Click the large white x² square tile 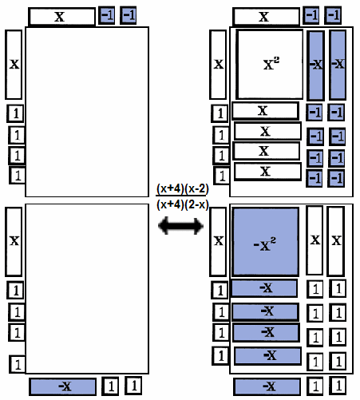pos(270,65)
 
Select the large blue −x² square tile pos(265,242)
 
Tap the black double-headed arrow pos(181,226)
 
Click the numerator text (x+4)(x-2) pos(183,188)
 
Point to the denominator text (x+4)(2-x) pos(183,204)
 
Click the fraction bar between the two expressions pos(181,196)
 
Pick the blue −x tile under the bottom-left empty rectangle pos(63,386)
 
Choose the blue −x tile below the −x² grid pos(267,386)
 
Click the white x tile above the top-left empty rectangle pos(61,17)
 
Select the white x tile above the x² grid pos(266,17)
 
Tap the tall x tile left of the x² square pos(218,65)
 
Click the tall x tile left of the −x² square pos(218,242)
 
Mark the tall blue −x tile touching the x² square pos(316,65)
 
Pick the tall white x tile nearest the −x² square pos(315,240)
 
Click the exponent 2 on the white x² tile pos(276,60)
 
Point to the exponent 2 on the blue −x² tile pos(273,240)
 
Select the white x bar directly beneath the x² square pos(265,111)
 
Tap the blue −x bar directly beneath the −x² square pos(264,288)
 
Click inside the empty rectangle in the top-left pos(87,112)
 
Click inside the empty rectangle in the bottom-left pos(87,289)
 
